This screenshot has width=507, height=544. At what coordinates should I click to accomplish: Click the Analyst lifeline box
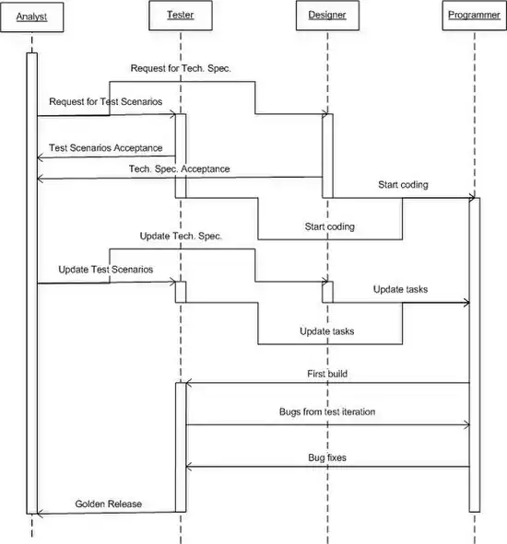click(31, 17)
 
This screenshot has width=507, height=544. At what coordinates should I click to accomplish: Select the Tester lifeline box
click(181, 16)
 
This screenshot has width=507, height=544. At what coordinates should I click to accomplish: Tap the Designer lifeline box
click(327, 16)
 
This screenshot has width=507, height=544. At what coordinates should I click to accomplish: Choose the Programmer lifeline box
click(475, 16)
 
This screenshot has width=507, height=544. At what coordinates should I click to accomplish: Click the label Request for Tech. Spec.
click(181, 68)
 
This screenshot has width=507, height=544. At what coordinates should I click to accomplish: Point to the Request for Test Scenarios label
click(106, 101)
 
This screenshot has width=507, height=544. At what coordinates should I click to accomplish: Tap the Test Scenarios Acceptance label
click(106, 148)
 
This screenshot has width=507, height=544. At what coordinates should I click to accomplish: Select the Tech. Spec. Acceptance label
click(180, 169)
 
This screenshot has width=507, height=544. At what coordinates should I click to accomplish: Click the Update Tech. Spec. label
click(181, 237)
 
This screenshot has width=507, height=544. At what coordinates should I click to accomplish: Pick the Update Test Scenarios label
click(106, 270)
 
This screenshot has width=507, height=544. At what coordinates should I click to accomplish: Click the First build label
click(327, 374)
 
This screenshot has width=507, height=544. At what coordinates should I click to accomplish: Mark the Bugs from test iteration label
click(327, 411)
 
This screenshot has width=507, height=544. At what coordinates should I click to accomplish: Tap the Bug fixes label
click(327, 457)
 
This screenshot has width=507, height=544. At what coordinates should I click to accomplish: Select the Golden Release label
click(109, 503)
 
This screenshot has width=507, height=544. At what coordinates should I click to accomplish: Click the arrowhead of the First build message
click(188, 383)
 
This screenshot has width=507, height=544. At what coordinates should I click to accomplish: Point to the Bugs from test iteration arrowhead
click(467, 424)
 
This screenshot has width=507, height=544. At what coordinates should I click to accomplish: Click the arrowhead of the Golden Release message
click(39, 514)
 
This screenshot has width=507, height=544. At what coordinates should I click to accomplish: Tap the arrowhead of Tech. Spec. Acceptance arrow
click(39, 179)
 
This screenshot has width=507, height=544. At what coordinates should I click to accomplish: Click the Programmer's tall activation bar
click(475, 354)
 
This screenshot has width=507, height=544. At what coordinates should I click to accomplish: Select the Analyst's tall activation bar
click(32, 284)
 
